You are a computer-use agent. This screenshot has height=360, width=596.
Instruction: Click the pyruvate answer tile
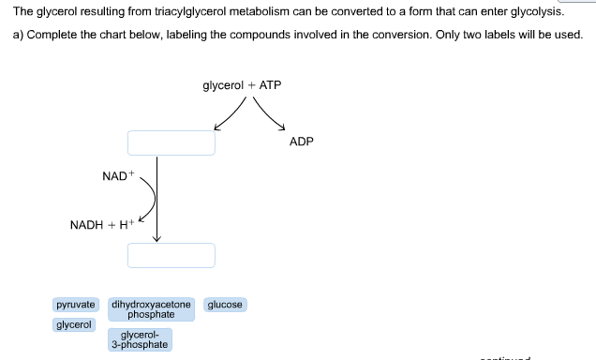(76, 305)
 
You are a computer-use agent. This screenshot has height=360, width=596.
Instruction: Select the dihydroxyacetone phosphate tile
(152, 309)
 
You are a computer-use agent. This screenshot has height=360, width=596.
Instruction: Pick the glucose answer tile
(225, 305)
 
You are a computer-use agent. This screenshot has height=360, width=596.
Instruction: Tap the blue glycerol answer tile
(74, 324)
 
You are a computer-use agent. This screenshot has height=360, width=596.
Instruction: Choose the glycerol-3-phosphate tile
(139, 339)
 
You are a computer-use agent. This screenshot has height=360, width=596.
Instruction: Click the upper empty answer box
(171, 142)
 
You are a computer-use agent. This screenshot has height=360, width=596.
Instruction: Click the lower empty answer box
(171, 255)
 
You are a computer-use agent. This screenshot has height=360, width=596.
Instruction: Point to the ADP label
(302, 142)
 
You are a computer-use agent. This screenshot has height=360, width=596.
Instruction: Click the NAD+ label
(119, 176)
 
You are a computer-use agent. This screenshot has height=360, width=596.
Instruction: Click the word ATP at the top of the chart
(270, 85)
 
